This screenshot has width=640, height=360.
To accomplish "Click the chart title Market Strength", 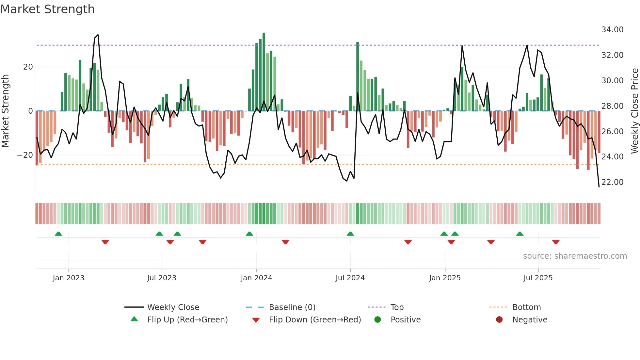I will (47, 9).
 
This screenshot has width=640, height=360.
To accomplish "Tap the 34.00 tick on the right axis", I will (612, 30).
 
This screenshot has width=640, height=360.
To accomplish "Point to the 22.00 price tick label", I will (612, 182).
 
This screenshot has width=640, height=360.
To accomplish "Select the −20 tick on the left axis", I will (25, 155).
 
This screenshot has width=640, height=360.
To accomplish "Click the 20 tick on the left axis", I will (28, 67).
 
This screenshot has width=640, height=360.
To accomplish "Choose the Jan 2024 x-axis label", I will (256, 278).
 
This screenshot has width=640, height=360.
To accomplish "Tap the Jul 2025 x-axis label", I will (538, 278).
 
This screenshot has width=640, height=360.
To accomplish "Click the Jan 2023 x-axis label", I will (69, 278).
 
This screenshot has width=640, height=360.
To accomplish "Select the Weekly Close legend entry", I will (173, 307).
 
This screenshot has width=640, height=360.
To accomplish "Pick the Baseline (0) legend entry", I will (292, 307).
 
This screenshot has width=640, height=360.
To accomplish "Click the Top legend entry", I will (397, 307).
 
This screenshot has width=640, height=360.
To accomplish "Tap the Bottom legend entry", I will (526, 307).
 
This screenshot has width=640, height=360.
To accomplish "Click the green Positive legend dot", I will (377, 320).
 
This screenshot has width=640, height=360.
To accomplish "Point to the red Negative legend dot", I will (499, 320).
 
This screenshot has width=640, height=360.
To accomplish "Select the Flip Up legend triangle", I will (134, 319).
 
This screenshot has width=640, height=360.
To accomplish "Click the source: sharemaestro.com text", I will (575, 256).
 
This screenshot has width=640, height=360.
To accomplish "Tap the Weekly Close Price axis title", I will (634, 111).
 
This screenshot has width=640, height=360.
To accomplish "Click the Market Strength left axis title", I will (5, 111).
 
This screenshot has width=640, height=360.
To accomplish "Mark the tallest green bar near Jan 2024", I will (264, 72).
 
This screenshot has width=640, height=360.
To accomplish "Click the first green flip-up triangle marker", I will (58, 234).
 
